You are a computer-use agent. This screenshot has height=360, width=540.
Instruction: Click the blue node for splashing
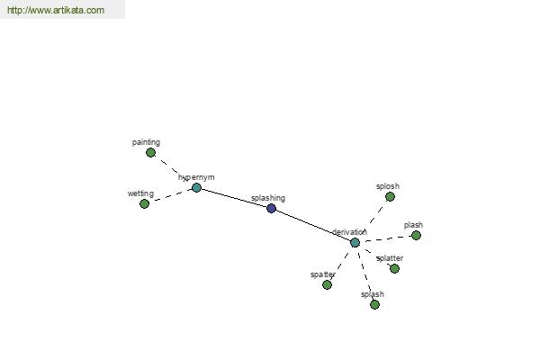click(272, 208)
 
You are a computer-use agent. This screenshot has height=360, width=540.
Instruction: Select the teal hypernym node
click(196, 188)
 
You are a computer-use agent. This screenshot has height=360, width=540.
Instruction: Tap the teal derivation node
click(355, 242)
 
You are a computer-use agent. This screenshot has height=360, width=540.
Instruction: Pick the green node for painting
click(150, 153)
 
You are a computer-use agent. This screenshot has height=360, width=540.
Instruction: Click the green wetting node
click(144, 204)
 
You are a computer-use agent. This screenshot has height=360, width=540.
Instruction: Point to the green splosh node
click(390, 197)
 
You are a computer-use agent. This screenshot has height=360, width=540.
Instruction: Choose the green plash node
click(416, 235)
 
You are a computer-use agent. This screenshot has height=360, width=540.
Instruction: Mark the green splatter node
click(395, 268)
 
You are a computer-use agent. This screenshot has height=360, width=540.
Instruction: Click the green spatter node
click(328, 285)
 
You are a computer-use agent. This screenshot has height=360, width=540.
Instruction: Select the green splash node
click(374, 304)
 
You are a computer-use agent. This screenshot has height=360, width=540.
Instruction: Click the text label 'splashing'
click(268, 198)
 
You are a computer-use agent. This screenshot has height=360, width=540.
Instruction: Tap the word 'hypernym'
click(196, 177)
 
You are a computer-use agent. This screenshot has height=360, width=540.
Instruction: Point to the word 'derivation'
click(349, 232)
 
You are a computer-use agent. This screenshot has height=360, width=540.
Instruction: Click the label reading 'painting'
click(146, 142)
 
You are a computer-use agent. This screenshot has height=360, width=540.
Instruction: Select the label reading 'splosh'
click(388, 186)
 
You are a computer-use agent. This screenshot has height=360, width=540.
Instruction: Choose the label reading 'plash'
click(413, 225)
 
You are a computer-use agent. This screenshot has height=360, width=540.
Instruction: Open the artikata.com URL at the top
click(56, 10)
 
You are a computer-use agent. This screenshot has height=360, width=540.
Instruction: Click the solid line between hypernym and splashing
click(234, 198)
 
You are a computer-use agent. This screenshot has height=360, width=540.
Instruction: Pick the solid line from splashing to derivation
click(313, 225)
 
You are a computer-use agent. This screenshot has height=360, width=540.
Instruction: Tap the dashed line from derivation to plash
click(388, 238)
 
